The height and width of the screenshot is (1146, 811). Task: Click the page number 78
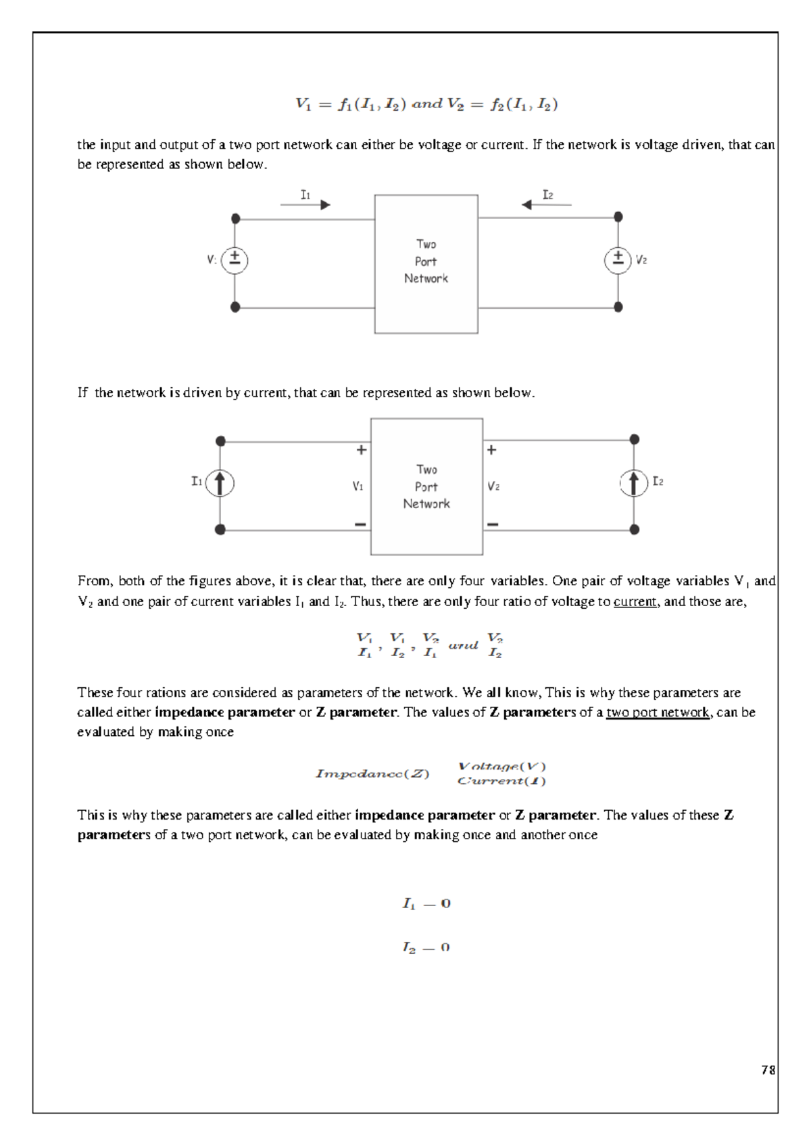pos(768,1070)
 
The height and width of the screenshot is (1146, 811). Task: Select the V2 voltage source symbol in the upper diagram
pos(618,259)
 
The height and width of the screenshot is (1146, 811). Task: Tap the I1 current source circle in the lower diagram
pos(220,483)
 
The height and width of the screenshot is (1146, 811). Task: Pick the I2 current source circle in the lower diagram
pos(633,482)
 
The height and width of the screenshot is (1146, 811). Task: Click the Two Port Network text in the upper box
pos(426,261)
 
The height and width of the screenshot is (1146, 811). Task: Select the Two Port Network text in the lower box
pos(426,487)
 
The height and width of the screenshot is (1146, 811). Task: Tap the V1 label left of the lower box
pos(358,486)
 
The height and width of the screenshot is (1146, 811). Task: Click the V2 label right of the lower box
pos(493,486)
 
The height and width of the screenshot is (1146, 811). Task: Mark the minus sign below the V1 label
pos(360,524)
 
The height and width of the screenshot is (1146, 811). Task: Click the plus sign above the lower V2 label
pos(491,450)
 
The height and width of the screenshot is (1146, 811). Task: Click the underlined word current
pos(635,601)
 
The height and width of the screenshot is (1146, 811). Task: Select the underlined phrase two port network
pos(658,712)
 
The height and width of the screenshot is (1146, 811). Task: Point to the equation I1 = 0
pos(426,903)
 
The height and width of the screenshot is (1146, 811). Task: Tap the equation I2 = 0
pos(426,947)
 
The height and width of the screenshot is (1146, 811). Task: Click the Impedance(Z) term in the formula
pos(372,774)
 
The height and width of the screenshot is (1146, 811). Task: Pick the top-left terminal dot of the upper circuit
pos(235,218)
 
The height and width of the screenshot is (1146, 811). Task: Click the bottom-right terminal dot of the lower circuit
pos(634,530)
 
